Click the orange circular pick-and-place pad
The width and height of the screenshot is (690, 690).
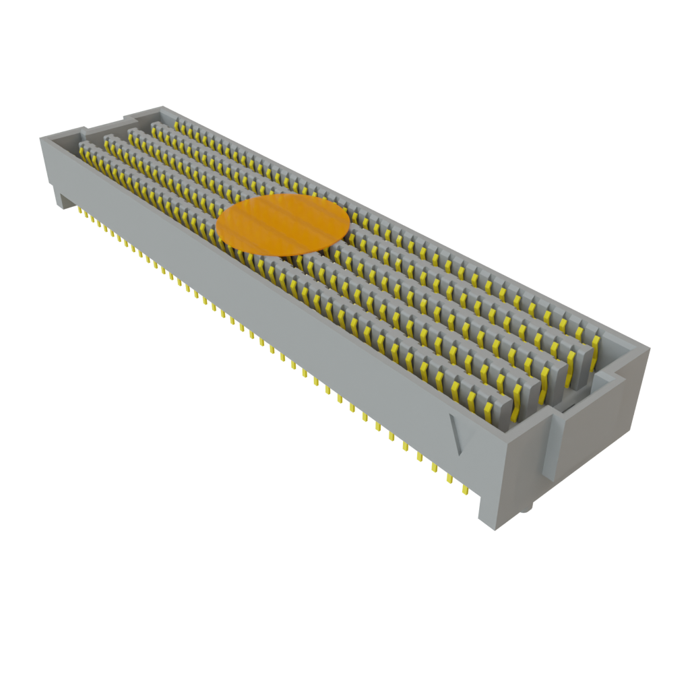(283, 224)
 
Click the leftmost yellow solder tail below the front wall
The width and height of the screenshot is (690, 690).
(80, 212)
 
